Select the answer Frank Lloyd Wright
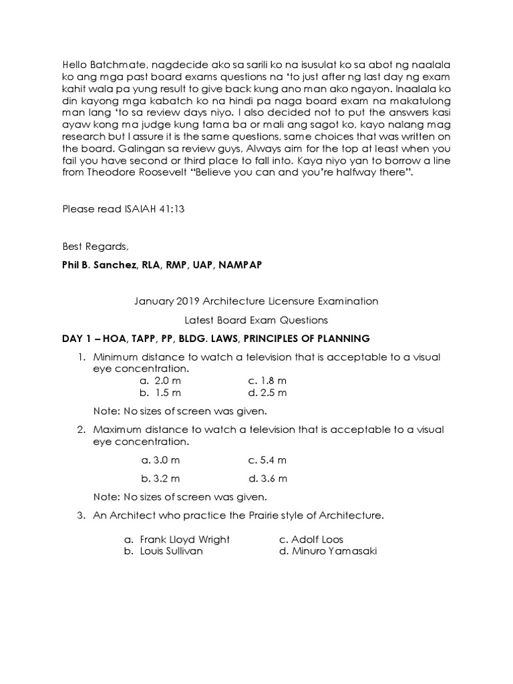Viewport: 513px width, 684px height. click(x=184, y=539)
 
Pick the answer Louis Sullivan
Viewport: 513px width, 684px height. click(x=171, y=552)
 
